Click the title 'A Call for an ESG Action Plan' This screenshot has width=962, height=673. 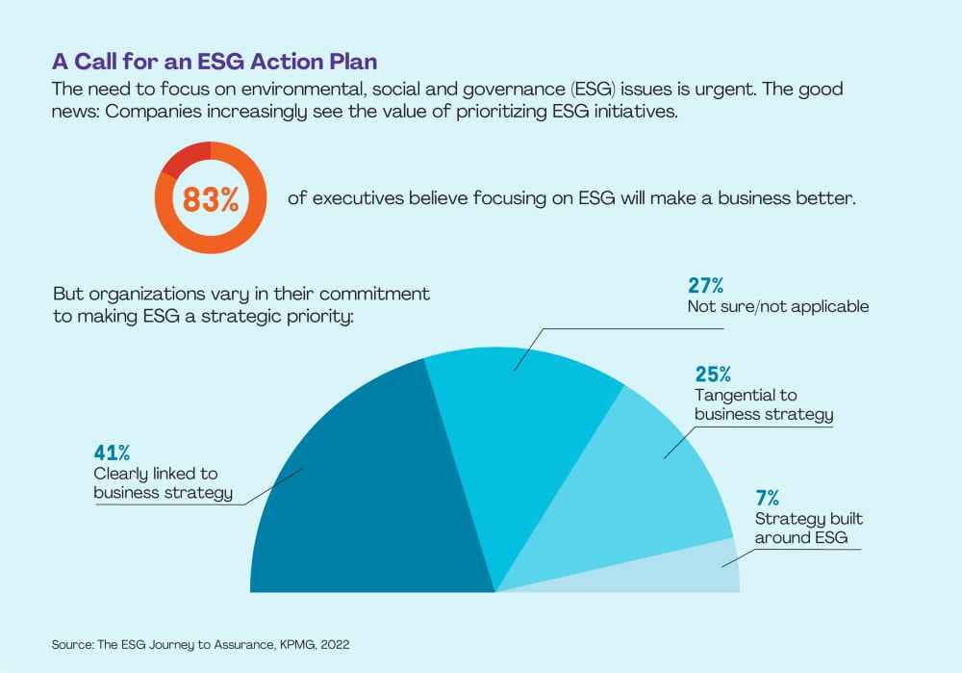point(214,62)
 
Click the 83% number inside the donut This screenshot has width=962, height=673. point(211,200)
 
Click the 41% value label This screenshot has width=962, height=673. point(112,453)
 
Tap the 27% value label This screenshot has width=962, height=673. point(706,286)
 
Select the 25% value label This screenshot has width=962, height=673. point(714,375)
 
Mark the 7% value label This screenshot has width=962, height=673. point(767,498)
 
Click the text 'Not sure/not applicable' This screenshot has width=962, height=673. point(778,307)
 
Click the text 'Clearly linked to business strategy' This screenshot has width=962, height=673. point(163,483)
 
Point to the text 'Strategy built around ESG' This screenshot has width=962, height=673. point(801,529)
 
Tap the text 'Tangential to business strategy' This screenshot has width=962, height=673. point(763,405)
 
